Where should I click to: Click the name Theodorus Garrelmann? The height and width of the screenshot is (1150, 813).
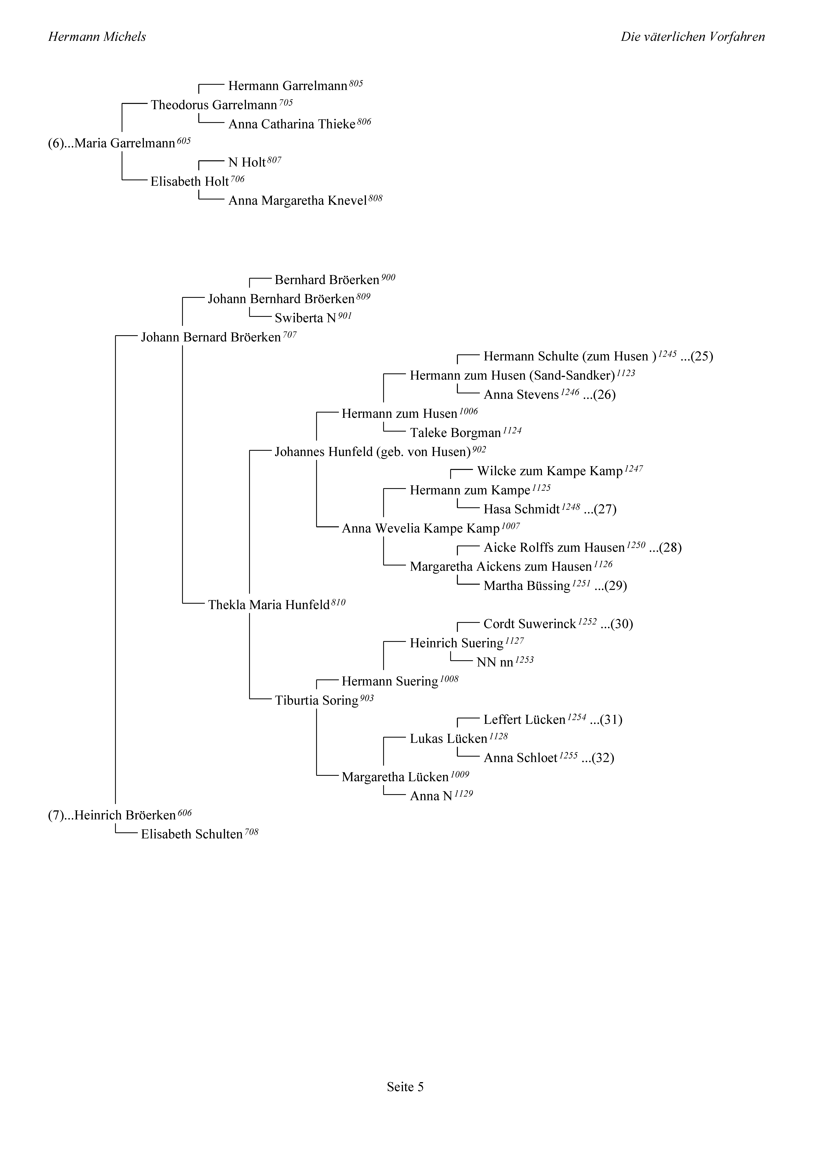(x=214, y=105)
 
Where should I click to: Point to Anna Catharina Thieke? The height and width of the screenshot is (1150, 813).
(x=292, y=124)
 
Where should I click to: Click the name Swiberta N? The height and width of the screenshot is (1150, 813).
(x=306, y=318)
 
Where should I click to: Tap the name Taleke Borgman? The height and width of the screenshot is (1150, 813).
(x=455, y=433)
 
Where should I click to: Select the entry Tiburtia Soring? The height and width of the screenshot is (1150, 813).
(x=317, y=701)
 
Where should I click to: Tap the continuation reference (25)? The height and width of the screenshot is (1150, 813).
(x=702, y=357)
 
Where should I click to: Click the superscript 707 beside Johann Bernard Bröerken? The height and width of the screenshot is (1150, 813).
(x=290, y=335)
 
